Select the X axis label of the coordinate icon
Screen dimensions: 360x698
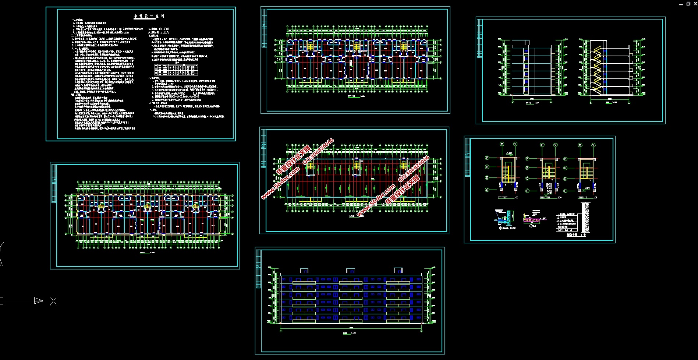(x=53, y=301)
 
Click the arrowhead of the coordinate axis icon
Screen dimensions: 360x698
(x=38, y=301)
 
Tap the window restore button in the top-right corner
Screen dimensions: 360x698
(x=688, y=4)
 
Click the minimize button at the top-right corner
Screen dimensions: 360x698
(x=680, y=4)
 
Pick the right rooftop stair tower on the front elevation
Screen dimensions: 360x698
(x=398, y=270)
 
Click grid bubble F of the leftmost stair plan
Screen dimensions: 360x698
(x=487, y=158)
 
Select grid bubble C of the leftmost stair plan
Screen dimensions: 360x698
(x=487, y=190)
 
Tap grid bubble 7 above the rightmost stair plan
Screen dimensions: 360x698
(x=593, y=145)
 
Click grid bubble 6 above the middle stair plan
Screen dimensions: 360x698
(x=542, y=145)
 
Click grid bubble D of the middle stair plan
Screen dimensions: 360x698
(x=527, y=179)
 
